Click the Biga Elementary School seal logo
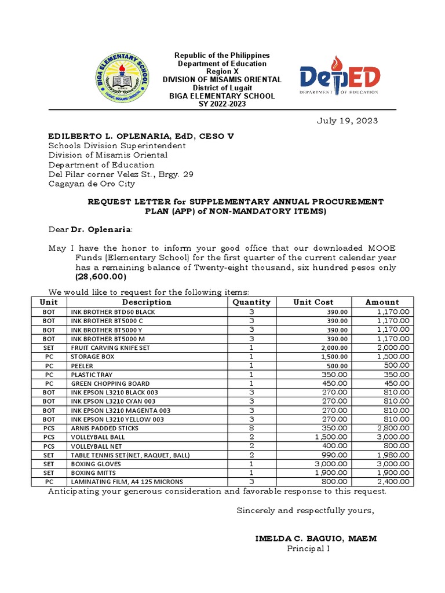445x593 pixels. (122, 78)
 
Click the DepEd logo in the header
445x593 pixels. (340, 76)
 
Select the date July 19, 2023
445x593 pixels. (347, 121)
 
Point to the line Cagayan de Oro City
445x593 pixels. (92, 184)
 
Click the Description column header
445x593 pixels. (147, 302)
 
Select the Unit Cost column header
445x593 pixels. (313, 302)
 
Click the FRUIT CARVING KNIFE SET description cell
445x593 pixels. (110, 348)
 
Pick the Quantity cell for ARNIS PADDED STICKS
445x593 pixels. (251, 429)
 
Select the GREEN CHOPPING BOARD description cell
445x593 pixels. (110, 384)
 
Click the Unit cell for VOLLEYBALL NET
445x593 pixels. (49, 446)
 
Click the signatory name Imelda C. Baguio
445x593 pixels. (316, 539)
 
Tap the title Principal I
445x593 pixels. (308, 549)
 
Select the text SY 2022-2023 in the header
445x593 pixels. (223, 104)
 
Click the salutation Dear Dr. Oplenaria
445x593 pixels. (90, 230)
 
